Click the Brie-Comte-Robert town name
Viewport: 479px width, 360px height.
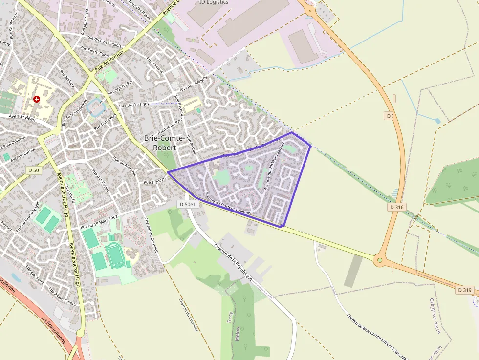pos(164,143)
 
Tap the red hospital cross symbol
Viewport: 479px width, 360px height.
pos(37,99)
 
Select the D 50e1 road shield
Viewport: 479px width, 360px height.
pos(188,204)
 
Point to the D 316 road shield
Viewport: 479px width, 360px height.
pos(397,207)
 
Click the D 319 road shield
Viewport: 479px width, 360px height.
pos(465,290)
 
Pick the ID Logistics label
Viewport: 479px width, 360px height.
pos(214,2)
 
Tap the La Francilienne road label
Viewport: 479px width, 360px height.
pos(53,332)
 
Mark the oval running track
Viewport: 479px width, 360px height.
pos(115,254)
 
